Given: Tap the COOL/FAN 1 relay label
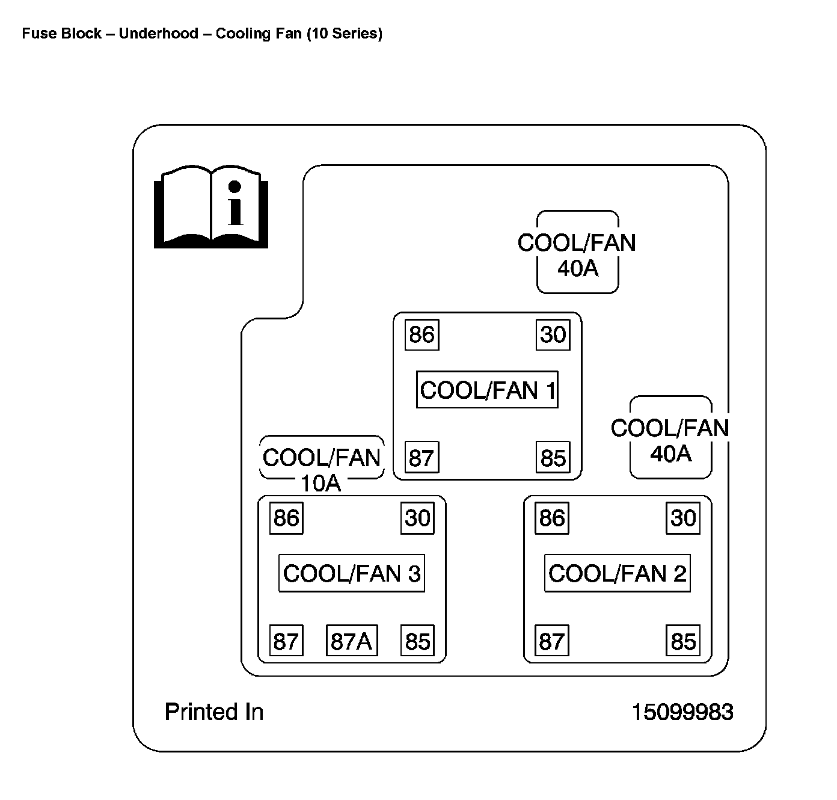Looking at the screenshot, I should [487, 390].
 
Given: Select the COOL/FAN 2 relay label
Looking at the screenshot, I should [617, 573].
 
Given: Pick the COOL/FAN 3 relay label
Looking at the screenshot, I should [352, 573].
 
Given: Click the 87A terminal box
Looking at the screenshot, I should [352, 641].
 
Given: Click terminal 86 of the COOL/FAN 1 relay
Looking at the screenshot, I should [422, 334].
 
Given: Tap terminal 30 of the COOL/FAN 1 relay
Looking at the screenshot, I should [553, 334].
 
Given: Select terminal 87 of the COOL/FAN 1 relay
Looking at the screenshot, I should [422, 458].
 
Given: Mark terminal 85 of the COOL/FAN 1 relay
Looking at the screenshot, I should [553, 458].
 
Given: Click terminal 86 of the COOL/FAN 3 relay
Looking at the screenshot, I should [286, 518].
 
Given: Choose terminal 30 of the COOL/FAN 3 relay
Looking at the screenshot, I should [417, 518].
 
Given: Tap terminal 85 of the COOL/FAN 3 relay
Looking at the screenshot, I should [417, 641].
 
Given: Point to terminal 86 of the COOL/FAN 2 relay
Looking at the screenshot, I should [552, 518].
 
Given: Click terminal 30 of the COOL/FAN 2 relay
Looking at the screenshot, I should [683, 518].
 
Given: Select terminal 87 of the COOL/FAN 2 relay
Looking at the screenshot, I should [552, 641].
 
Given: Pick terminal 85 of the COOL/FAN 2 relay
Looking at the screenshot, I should [683, 641].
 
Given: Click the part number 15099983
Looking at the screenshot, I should [682, 712].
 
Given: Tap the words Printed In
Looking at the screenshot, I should [214, 712].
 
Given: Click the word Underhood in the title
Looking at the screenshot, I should [158, 33].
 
